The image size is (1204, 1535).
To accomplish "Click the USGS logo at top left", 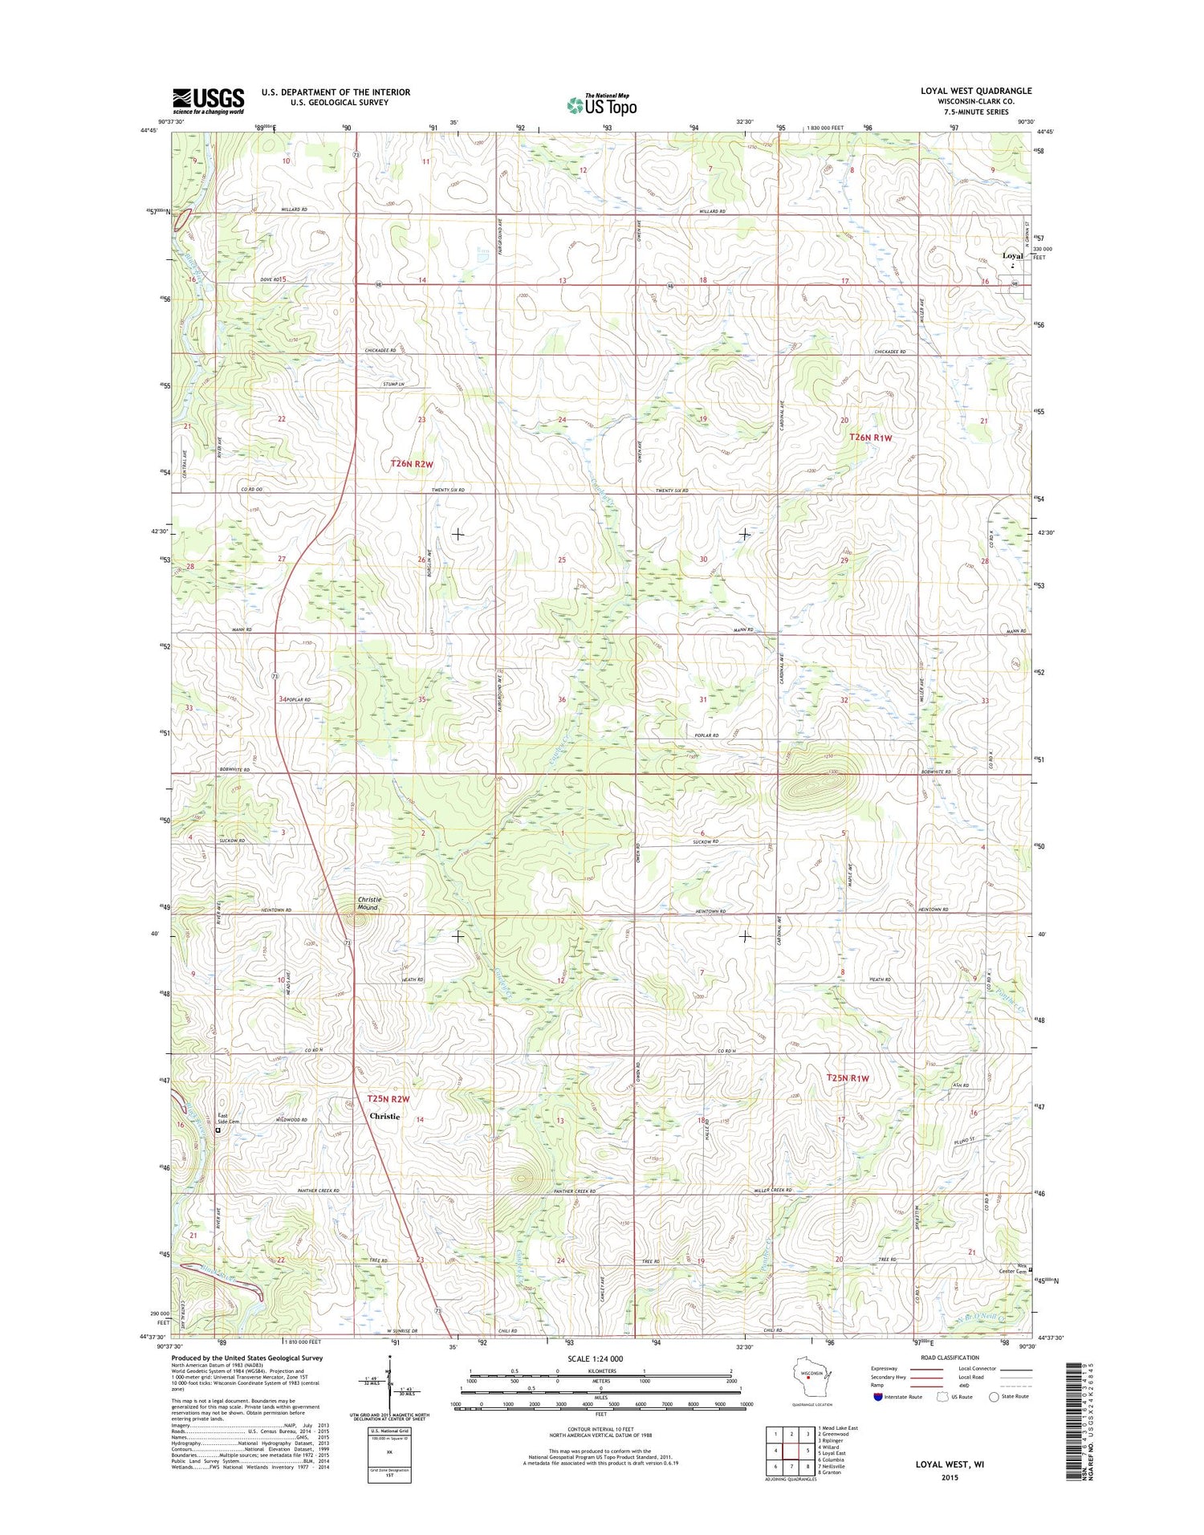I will tap(208, 100).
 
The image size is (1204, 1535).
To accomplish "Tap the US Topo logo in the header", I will tap(602, 105).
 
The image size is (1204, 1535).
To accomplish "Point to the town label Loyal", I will tap(1012, 256).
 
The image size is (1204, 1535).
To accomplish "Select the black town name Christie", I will tap(384, 1116).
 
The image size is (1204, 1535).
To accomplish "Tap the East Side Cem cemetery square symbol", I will tap(218, 1130).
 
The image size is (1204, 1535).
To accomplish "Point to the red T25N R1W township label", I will tap(848, 1077).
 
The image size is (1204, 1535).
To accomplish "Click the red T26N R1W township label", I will tap(870, 438).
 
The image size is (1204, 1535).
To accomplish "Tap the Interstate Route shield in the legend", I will tap(877, 1397).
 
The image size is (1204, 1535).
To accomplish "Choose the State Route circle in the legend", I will tap(994, 1397).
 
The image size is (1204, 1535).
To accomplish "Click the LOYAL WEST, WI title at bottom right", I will tap(950, 1464).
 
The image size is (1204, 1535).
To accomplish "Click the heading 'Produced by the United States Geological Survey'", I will tap(246, 1358).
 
